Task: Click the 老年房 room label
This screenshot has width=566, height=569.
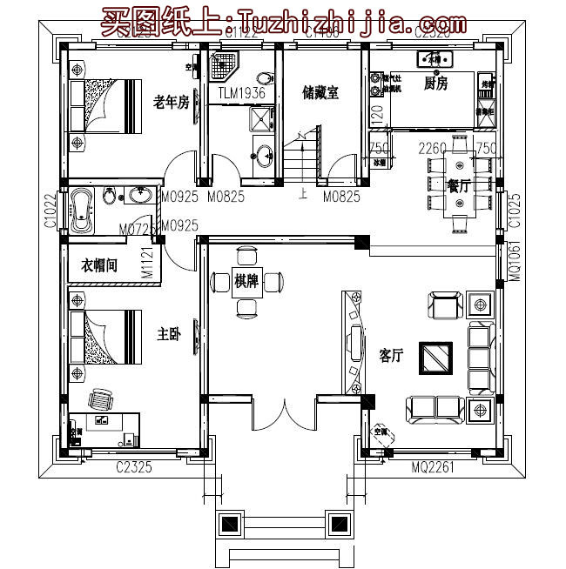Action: coord(171,103)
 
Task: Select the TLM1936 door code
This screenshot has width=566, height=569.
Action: coord(241,93)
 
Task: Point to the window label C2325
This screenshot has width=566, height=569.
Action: coord(135,468)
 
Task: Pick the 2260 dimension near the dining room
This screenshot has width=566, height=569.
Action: coord(433,148)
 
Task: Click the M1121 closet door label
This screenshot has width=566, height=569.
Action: coord(148,262)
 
